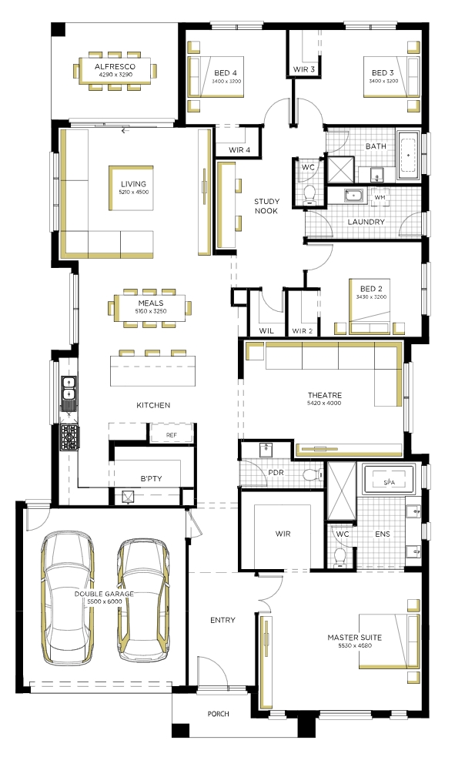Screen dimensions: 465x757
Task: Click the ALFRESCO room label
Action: pos(115,67)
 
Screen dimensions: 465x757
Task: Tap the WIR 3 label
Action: pos(304,69)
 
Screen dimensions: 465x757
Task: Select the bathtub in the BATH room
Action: pos(409,155)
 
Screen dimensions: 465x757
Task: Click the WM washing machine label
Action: pos(380,197)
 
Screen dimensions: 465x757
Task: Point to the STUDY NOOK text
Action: pos(266,206)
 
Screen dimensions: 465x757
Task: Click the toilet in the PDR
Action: pos(313,475)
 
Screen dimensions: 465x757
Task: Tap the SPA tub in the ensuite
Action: pos(390,480)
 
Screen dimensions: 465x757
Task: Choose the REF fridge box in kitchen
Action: pos(172,434)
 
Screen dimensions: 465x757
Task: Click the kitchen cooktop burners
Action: pos(69,437)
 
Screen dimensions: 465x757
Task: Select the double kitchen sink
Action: pos(69,390)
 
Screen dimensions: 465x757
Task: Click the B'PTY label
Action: pos(151,479)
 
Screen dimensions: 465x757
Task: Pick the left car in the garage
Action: pos(68,597)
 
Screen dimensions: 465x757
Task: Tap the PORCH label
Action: pos(218,714)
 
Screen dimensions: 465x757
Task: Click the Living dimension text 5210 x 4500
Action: pos(134,193)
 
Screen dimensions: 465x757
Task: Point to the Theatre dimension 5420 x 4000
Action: pos(324,403)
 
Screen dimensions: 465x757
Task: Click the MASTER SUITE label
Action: pos(354,638)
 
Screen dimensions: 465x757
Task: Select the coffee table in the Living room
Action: pos(132,188)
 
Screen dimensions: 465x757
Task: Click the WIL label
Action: pos(266,330)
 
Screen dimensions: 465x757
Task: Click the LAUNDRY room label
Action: pos(366,222)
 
